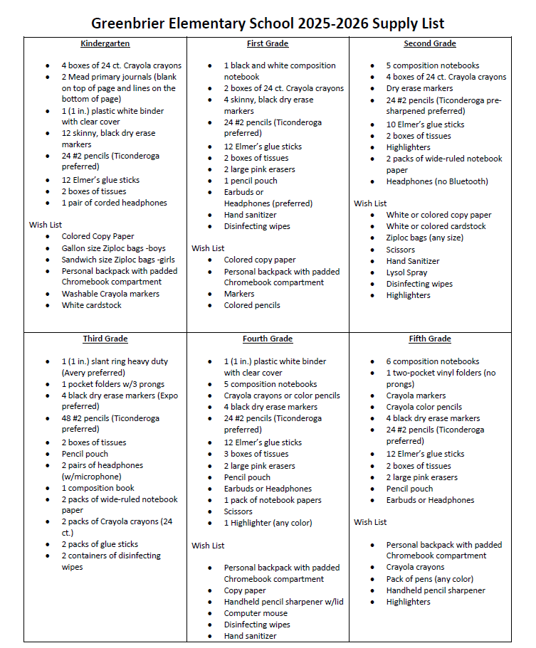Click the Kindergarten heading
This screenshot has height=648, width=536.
tap(105, 43)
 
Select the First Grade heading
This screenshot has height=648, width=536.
tap(268, 43)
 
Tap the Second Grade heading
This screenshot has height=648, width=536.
tap(430, 43)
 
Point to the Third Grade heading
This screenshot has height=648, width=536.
tap(105, 339)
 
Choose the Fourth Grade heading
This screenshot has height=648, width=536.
tap(268, 339)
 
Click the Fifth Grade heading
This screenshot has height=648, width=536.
tap(430, 339)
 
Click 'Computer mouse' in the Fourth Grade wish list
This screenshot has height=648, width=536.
tap(256, 613)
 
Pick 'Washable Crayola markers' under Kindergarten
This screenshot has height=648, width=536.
tap(110, 294)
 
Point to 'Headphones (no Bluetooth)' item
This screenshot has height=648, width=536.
tap(437, 181)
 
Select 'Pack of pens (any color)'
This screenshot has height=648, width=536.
tap(429, 579)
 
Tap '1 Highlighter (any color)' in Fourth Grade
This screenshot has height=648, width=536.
tap(268, 523)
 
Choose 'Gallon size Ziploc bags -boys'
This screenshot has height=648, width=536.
tap(113, 248)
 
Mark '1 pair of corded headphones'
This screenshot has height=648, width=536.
tap(114, 203)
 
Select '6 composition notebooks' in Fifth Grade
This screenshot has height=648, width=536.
tap(433, 361)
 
